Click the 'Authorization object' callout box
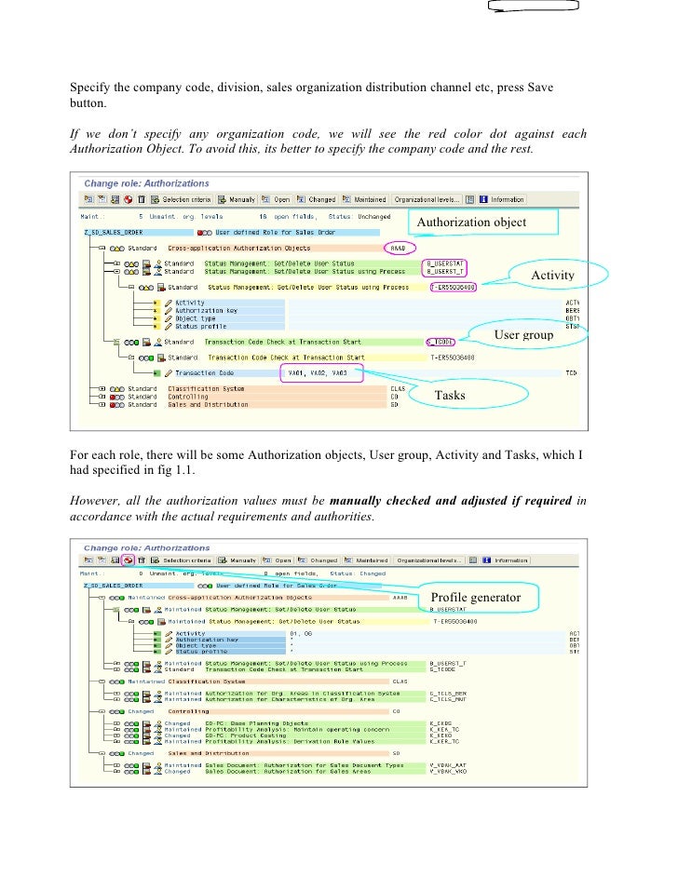coord(484,223)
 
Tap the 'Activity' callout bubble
coord(552,276)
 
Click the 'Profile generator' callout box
coord(475,596)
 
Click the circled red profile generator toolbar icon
coord(126,560)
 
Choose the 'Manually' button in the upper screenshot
coord(237,199)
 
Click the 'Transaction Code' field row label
coord(206,373)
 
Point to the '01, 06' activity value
coord(304,633)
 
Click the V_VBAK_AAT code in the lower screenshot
coord(443,765)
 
